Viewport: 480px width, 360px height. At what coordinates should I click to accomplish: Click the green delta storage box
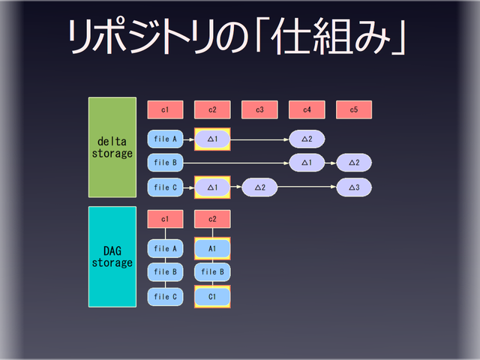tap(112, 147)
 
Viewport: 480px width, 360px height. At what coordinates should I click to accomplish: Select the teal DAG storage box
tap(112, 256)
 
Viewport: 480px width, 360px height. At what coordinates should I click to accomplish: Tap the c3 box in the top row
tap(259, 110)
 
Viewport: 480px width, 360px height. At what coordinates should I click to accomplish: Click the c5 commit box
tap(354, 110)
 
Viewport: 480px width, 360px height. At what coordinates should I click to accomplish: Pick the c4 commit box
tap(307, 110)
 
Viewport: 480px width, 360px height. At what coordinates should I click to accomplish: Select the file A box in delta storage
tap(166, 139)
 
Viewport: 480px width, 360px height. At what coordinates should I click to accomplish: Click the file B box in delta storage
tap(166, 162)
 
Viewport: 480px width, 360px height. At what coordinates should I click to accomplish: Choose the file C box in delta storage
tap(166, 187)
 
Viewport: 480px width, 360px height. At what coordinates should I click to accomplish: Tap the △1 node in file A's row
tap(212, 139)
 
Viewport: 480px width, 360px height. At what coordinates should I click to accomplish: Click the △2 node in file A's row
tap(307, 139)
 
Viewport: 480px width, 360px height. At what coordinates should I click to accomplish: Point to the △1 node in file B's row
tap(307, 162)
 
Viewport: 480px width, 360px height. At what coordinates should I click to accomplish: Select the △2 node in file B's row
tap(354, 162)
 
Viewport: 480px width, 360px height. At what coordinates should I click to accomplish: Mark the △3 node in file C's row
tap(354, 187)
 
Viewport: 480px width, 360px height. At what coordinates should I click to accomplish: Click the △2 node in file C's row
tap(259, 187)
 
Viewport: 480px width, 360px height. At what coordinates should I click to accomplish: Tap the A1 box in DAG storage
tap(212, 248)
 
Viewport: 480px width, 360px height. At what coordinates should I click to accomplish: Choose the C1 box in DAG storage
tap(212, 296)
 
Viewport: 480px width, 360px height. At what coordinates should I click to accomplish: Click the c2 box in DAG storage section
tap(212, 219)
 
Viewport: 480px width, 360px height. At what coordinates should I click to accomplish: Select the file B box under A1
tap(212, 272)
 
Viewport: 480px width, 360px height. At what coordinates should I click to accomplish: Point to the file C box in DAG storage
tap(166, 296)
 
